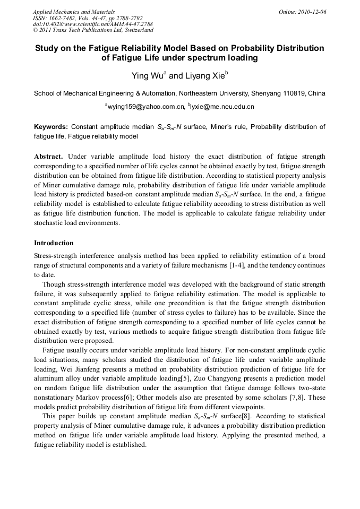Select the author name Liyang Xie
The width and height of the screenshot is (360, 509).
click(x=204, y=76)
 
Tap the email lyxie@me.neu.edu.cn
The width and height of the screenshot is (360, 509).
click(x=222, y=107)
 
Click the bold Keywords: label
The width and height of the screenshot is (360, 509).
click(x=51, y=127)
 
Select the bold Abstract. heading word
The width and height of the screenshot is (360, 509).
click(x=49, y=157)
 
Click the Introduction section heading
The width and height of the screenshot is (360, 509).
click(x=54, y=243)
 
